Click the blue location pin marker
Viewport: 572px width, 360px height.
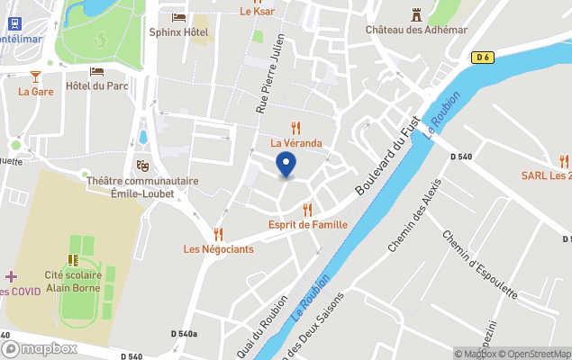[x=286, y=165]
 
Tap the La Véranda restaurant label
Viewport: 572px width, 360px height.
[x=296, y=143]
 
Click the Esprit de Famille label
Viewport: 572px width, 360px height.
[x=308, y=224]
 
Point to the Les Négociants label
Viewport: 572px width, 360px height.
[x=218, y=249]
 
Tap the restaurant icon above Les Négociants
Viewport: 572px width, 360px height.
[x=218, y=234]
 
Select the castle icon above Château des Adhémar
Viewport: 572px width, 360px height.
[x=416, y=14]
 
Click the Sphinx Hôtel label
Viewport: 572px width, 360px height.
[x=178, y=33]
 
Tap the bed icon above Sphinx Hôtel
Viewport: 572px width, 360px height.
[x=178, y=17]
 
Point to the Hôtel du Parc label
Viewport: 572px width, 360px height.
[x=96, y=86]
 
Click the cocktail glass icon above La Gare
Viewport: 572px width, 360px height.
[x=36, y=76]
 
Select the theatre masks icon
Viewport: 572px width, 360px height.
[x=142, y=166]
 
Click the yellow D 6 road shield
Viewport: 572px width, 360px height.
[x=483, y=58]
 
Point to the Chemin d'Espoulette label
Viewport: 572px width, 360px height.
[x=479, y=265]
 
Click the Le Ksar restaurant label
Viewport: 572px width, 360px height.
[x=257, y=12]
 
